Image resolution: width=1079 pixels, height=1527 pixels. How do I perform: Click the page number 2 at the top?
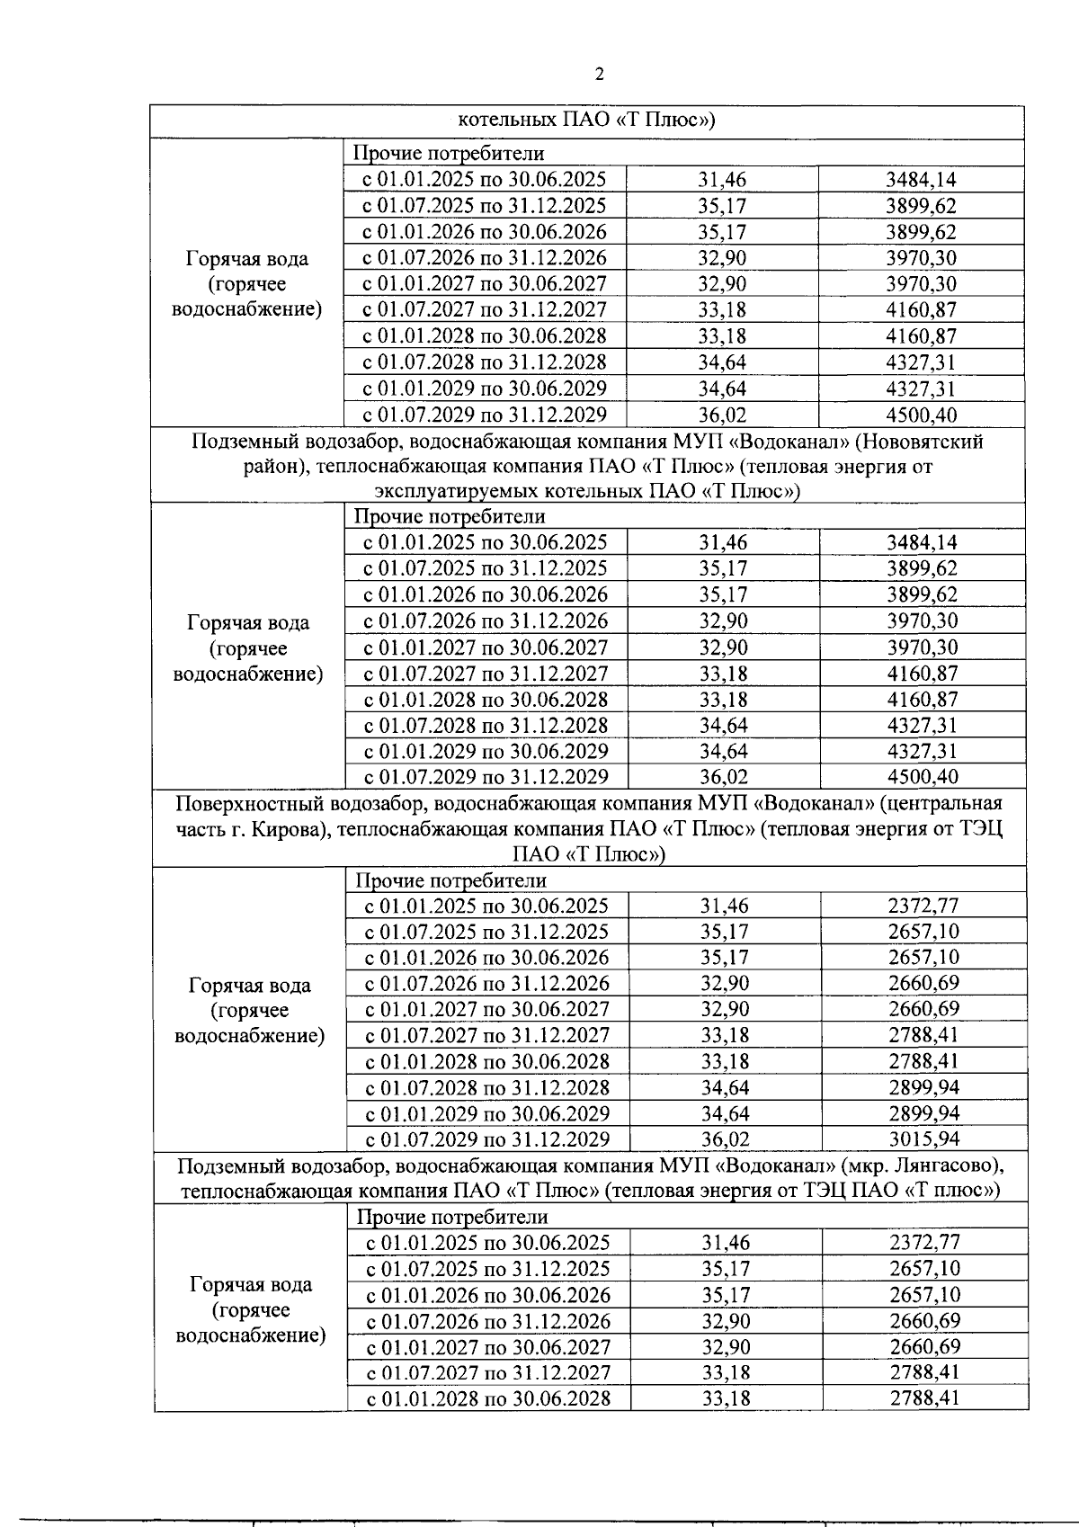pyautogui.click(x=600, y=75)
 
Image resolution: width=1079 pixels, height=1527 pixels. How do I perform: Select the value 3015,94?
pyautogui.click(x=923, y=1139)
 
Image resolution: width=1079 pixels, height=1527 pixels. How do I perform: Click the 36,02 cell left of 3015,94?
pyautogui.click(x=725, y=1139)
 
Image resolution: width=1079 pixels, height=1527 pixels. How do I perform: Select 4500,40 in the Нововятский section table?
pyautogui.click(x=922, y=776)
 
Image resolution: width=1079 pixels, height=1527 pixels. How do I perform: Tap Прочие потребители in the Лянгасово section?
pyautogui.click(x=452, y=1217)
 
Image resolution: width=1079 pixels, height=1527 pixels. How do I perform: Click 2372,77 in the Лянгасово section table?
pyautogui.click(x=924, y=1243)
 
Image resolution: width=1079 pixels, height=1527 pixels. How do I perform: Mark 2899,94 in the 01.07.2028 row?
pyautogui.click(x=923, y=1087)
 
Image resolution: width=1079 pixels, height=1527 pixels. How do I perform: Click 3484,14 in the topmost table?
pyautogui.click(x=921, y=180)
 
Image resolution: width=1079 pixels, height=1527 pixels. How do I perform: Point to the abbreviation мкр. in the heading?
pyautogui.click(x=864, y=1165)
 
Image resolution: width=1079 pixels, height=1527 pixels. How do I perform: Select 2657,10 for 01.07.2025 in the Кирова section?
pyautogui.click(x=923, y=932)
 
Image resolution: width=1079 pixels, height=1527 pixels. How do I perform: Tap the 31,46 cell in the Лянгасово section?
pyautogui.click(x=726, y=1243)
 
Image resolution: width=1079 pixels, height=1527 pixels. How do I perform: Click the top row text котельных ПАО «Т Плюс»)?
pyautogui.click(x=586, y=121)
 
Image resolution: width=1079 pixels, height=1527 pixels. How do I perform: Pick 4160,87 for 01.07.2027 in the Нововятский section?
pyautogui.click(x=922, y=673)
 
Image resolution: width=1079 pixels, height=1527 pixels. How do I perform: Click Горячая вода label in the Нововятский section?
pyautogui.click(x=248, y=622)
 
